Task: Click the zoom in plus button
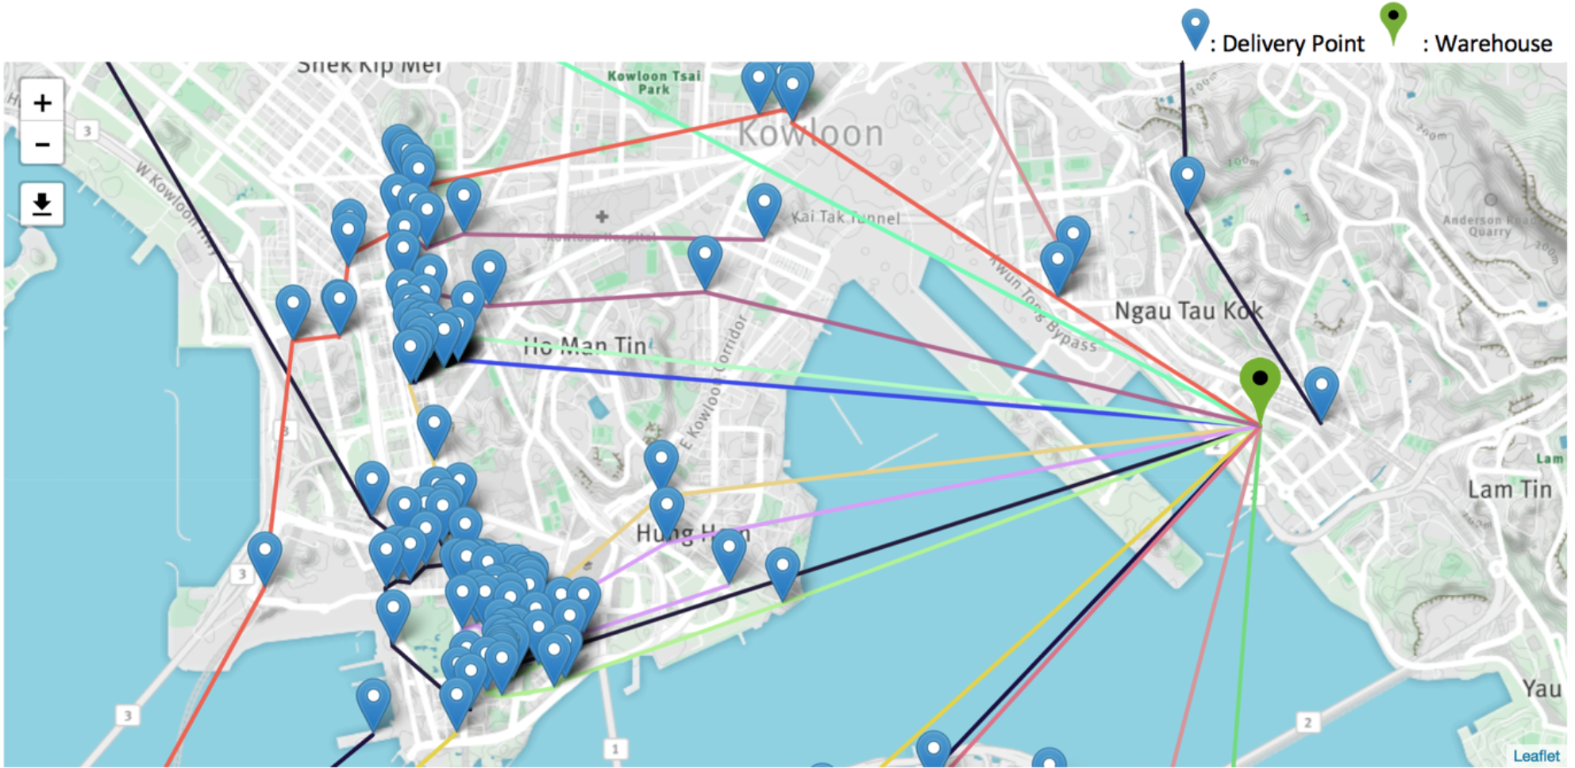tap(42, 102)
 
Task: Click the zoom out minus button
tap(42, 144)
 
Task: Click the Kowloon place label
tap(811, 134)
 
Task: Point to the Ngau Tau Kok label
tap(1188, 311)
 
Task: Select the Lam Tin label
tap(1509, 490)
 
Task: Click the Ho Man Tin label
tap(585, 346)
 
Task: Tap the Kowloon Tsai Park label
tap(654, 83)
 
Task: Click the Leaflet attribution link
tap(1535, 755)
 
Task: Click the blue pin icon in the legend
tap(1195, 28)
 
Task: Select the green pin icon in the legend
tap(1392, 21)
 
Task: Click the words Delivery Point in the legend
tap(1293, 44)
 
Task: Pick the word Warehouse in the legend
tap(1493, 44)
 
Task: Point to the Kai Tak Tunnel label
tap(846, 217)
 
